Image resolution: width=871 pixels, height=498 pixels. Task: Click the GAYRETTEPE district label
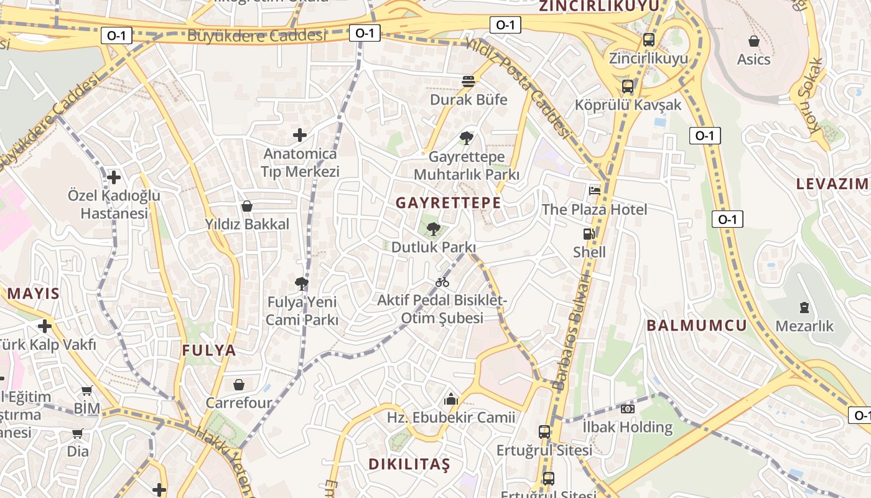tap(448, 203)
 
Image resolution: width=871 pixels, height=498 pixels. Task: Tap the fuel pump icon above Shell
tap(589, 235)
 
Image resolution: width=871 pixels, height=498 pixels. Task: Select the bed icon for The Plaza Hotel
tap(595, 191)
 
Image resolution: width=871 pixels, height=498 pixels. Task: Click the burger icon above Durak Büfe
tap(468, 82)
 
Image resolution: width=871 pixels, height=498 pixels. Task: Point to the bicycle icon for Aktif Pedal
tap(442, 283)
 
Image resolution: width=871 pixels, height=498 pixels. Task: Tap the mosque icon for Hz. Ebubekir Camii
tap(451, 399)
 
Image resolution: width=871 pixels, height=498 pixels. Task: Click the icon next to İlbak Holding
tap(627, 409)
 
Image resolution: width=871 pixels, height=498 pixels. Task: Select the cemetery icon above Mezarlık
tap(804, 307)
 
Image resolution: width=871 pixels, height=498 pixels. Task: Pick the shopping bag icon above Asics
tap(754, 42)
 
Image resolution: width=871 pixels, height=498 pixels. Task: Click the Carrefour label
tap(239, 403)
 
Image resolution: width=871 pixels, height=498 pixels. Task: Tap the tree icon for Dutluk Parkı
tap(434, 229)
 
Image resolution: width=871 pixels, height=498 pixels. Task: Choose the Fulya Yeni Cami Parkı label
tap(302, 311)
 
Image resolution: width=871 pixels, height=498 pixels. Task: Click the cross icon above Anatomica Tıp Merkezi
tap(300, 135)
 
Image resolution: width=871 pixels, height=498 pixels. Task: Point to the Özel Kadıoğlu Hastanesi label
tap(114, 204)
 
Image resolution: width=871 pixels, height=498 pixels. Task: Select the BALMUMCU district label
tap(696, 325)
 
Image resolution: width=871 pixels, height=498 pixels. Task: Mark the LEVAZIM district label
tap(832, 184)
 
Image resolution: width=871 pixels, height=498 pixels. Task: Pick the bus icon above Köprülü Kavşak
tap(628, 87)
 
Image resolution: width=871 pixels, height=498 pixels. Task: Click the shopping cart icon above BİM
tap(87, 391)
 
